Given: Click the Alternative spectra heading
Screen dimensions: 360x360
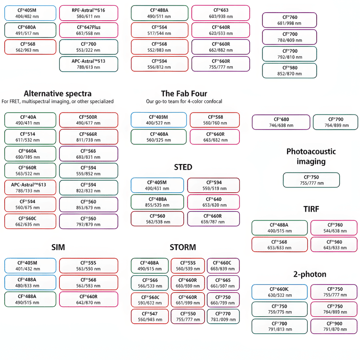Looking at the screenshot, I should (x=57, y=93).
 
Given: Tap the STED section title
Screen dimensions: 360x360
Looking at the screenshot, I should (x=183, y=167).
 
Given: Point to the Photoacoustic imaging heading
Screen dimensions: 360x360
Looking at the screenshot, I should (x=311, y=156).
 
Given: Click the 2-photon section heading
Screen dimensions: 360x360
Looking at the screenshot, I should (x=310, y=274).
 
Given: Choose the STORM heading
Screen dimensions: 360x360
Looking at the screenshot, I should (x=183, y=247).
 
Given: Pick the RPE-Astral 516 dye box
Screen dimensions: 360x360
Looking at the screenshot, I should (x=89, y=13).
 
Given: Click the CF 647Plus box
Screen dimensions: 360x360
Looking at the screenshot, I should (x=89, y=31).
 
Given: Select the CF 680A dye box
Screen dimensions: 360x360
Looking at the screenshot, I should (x=30, y=30).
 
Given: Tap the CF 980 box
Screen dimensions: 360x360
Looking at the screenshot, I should (x=289, y=70).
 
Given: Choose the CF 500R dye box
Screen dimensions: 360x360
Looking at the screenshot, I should (x=89, y=120).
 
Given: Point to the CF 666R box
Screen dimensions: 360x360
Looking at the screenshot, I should (x=89, y=137).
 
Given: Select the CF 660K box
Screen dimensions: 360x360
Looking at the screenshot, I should (x=279, y=292).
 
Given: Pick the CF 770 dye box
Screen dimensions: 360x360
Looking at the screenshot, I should (x=223, y=316).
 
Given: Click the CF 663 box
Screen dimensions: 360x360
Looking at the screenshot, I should (x=221, y=13).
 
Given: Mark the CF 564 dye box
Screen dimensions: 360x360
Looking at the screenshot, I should (x=158, y=31).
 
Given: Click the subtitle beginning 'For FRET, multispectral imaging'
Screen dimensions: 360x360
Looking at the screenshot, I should (x=57, y=101).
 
